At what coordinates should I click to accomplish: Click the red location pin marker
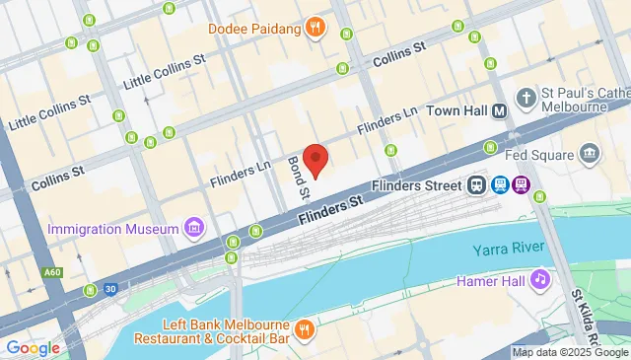(315, 159)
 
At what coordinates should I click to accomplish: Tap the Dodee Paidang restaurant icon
(315, 28)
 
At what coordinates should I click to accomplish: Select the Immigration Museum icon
(194, 230)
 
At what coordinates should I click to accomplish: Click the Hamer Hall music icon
(539, 280)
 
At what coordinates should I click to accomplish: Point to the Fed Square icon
(591, 154)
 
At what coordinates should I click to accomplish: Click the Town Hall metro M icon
(500, 112)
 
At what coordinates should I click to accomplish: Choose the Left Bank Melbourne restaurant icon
(305, 329)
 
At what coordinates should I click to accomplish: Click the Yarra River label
(509, 251)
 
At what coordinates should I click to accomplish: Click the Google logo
(33, 347)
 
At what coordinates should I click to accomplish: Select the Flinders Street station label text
(416, 185)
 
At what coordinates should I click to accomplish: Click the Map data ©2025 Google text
(571, 352)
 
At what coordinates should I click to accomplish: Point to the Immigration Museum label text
(113, 230)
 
